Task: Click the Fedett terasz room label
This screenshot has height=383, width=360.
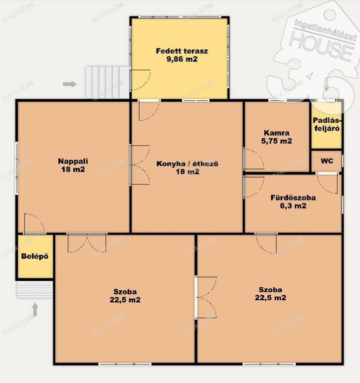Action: tap(182, 51)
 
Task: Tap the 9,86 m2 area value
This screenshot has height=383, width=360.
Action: tap(182, 59)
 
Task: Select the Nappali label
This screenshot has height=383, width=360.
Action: tap(73, 161)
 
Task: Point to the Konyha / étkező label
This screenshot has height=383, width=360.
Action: tap(187, 164)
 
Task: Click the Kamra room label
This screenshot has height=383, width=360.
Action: tap(277, 133)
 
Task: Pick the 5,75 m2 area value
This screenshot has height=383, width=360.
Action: tap(277, 141)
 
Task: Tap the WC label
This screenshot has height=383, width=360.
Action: tap(327, 161)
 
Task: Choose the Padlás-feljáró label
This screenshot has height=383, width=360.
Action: tap(327, 124)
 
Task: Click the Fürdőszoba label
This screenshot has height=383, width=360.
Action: tap(293, 197)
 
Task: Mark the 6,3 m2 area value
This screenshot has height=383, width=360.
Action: tap(293, 205)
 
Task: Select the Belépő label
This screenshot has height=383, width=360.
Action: tap(35, 256)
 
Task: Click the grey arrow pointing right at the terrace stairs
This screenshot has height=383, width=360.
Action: tap(70, 84)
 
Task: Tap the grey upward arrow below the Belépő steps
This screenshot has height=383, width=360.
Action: tap(35, 309)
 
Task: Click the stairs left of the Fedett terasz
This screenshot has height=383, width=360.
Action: tap(107, 82)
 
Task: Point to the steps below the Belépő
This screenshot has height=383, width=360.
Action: tap(35, 289)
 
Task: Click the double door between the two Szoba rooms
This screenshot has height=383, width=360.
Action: tap(205, 298)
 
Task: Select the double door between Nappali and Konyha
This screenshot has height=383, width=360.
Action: tap(140, 165)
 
